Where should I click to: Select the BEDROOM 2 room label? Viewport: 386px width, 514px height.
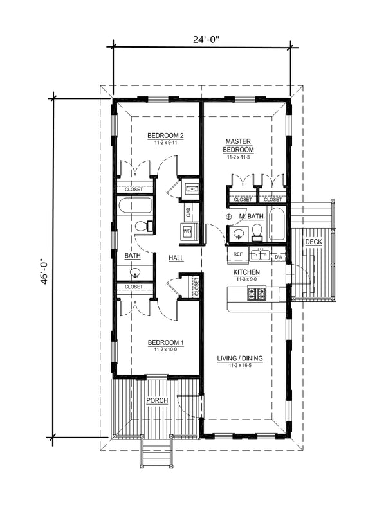(x=165, y=136)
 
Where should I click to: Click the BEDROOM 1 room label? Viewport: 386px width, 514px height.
(x=165, y=343)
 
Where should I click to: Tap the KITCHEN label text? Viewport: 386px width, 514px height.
(x=246, y=272)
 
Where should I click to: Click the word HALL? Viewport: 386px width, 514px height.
(x=176, y=258)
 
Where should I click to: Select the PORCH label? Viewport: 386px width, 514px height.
(x=157, y=400)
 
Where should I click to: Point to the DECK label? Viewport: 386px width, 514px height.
(x=313, y=242)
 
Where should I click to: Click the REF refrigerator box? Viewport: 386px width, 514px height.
(x=237, y=255)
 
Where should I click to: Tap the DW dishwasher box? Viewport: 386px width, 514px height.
(x=279, y=257)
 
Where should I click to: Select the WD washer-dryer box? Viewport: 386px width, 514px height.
(x=187, y=231)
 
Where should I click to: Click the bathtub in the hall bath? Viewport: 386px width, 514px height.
(x=134, y=207)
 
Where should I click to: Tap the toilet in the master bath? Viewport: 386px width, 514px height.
(x=256, y=230)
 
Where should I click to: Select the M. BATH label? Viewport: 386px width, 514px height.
(x=251, y=217)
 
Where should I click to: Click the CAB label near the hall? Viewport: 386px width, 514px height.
(x=187, y=210)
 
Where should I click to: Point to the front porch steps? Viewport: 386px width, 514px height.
(x=156, y=453)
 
